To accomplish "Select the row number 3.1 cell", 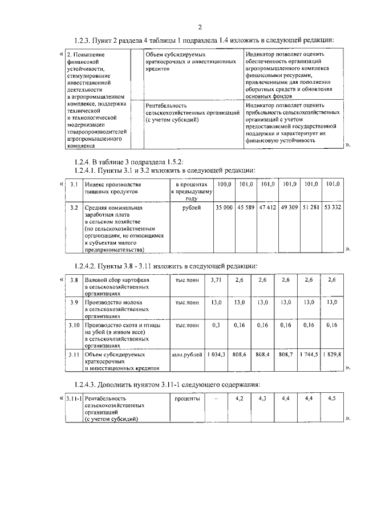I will (74, 184).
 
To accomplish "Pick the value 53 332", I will (332, 208).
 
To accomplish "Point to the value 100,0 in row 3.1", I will (225, 184).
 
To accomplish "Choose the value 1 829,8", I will (331, 355).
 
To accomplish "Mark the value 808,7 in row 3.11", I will (286, 355).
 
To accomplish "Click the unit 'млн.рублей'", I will (187, 355).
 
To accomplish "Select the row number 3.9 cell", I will (74, 302).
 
